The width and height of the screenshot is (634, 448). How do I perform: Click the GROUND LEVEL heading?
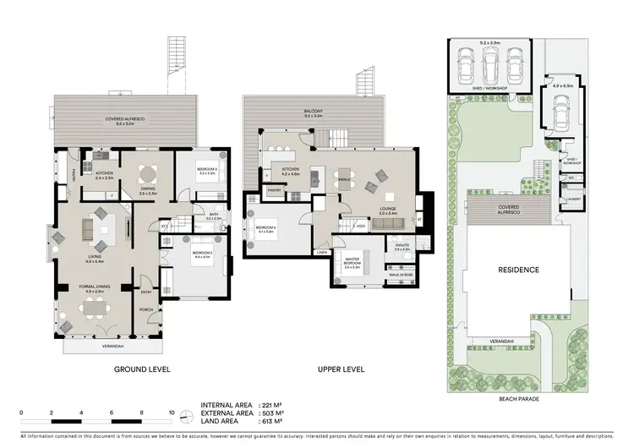pyautogui.click(x=142, y=369)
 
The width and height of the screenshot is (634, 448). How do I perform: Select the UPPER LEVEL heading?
pyautogui.click(x=341, y=369)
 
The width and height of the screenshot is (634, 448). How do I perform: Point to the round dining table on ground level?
pyautogui.click(x=148, y=168)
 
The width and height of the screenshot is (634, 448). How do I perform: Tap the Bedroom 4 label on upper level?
pyautogui.click(x=265, y=227)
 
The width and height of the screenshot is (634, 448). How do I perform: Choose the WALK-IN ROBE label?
pyautogui.click(x=400, y=276)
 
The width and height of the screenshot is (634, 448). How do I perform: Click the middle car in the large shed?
pyautogui.click(x=489, y=61)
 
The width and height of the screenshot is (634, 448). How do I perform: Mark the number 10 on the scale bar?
pyautogui.click(x=172, y=412)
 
